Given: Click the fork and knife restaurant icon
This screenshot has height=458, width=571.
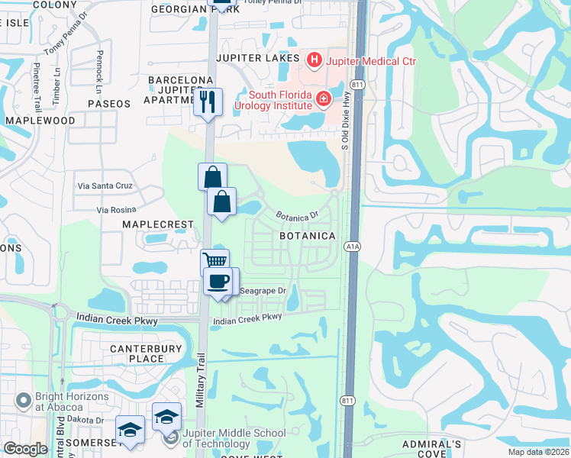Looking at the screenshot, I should (208, 102).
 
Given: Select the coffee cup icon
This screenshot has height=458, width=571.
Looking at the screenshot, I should (218, 280).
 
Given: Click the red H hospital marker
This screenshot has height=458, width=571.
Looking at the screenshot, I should (313, 60).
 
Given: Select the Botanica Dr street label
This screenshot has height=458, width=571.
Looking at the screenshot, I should (296, 218).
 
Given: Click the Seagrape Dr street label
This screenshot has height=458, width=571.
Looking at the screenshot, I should (263, 291).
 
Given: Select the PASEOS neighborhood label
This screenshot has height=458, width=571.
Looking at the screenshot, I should (109, 103).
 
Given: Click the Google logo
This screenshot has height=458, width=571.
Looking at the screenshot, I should (25, 448).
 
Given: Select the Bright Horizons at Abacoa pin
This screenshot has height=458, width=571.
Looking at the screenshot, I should (24, 398).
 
